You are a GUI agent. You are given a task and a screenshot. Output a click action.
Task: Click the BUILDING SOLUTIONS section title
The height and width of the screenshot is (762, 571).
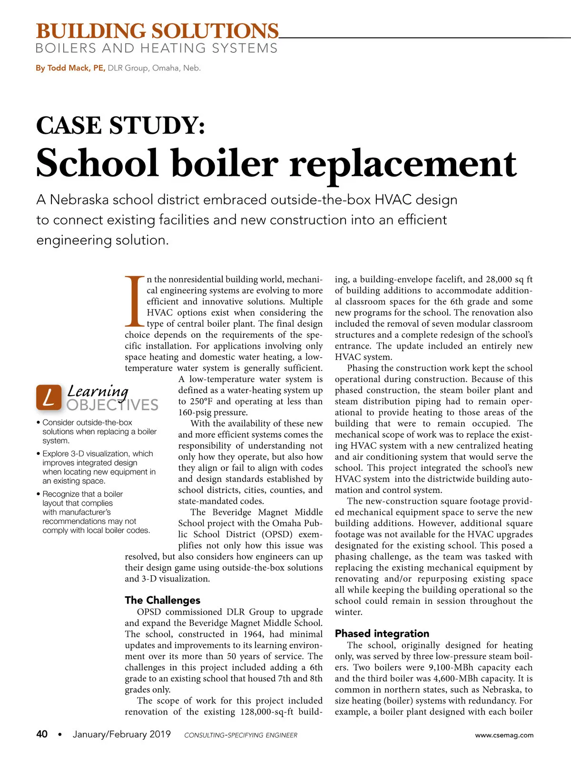point(157,31)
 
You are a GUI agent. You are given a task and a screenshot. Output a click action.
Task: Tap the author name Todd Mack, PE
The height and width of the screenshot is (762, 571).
point(70,68)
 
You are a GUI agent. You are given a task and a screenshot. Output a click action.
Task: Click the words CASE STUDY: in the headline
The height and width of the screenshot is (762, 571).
point(121,126)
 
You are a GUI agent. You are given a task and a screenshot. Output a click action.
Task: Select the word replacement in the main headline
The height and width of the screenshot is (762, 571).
point(403,163)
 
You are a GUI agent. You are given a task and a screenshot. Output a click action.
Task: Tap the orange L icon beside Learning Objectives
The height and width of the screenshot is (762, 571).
point(49,397)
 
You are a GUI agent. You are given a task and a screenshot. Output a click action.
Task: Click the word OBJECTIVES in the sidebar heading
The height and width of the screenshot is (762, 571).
point(112,405)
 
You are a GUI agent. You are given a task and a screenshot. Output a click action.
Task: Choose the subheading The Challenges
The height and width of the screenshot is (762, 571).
point(162,600)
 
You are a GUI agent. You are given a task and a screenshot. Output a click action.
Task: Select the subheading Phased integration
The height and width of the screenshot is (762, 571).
point(382,633)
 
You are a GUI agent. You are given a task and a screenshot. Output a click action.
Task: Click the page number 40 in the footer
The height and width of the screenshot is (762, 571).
point(42,734)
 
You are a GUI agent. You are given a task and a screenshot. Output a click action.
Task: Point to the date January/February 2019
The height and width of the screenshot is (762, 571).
point(121,734)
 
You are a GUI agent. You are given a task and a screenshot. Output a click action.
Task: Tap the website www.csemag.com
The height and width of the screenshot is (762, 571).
point(504,735)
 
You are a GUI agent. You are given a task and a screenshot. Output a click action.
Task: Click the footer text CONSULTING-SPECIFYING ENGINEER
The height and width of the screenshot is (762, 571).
point(240,735)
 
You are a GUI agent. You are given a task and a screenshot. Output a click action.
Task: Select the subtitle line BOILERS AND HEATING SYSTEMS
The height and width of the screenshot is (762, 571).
point(156,49)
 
